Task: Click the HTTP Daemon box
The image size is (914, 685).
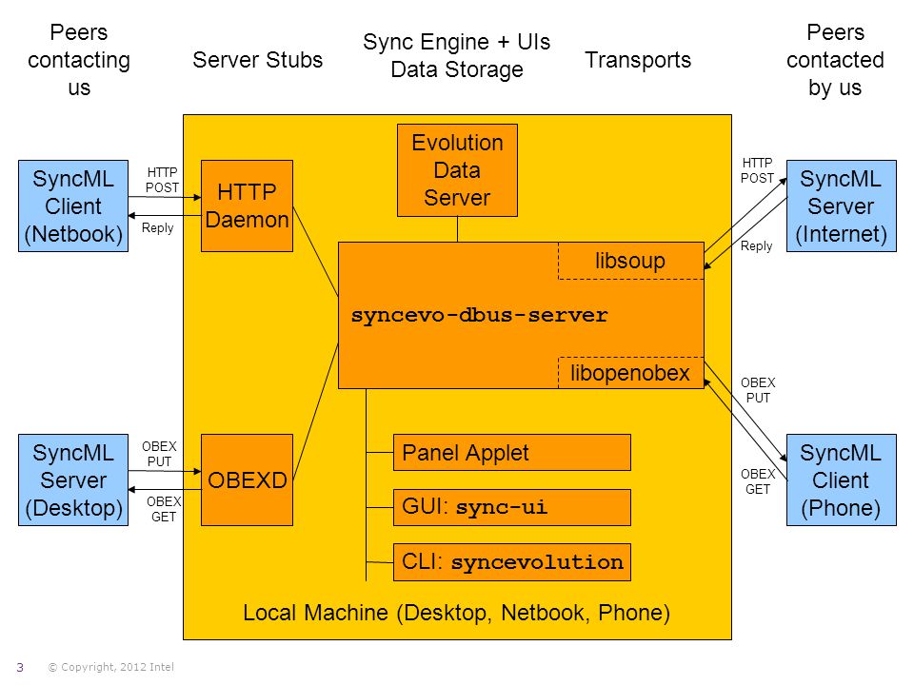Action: point(247,205)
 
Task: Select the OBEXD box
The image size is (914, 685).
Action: point(247,479)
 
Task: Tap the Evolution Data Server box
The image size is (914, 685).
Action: point(457,170)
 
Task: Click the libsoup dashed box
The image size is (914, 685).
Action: point(630,261)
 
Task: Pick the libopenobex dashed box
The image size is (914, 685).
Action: point(630,373)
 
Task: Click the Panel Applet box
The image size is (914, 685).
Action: point(512,453)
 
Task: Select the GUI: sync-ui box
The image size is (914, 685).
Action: point(512,507)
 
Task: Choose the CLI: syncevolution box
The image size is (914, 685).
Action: point(512,562)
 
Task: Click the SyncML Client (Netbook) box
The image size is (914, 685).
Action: point(73,205)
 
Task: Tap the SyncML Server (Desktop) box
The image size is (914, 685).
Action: point(73,479)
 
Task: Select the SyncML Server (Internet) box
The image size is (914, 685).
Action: point(841,205)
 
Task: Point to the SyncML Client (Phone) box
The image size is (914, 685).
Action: point(841,479)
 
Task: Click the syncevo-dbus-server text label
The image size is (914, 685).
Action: point(479,315)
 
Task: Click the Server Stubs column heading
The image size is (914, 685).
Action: point(258,59)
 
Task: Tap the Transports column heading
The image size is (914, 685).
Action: point(638,60)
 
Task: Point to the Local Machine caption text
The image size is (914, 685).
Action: point(456,613)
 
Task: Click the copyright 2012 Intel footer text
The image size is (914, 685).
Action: point(110,667)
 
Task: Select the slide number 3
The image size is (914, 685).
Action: point(20,668)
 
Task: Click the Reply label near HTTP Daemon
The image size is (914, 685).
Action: point(157,227)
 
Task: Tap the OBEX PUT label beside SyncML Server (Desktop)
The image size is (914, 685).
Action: point(159,454)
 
